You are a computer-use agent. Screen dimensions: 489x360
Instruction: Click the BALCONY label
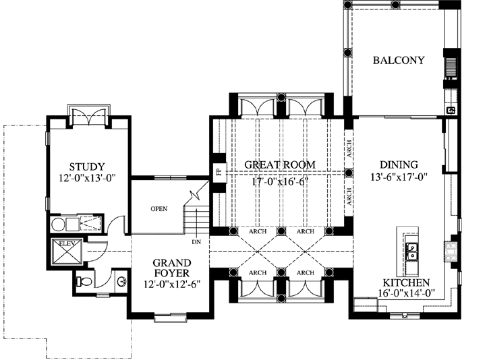pos(399,60)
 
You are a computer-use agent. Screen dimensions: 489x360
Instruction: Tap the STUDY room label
pos(87,167)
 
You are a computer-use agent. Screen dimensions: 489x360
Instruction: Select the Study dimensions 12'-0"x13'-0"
pos(87,178)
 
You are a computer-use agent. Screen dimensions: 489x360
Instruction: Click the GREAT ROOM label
pos(280,164)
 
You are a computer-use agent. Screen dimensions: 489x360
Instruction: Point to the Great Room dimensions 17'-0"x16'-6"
pos(280,181)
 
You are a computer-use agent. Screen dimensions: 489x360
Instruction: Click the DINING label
pos(399,164)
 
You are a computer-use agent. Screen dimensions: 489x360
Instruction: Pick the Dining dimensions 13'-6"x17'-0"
pos(399,177)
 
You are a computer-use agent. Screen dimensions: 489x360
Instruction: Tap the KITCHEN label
pos(406,282)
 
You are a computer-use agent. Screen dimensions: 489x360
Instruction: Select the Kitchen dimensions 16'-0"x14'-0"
pos(406,293)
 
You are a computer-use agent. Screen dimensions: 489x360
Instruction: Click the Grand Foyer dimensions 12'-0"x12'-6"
pos(172,284)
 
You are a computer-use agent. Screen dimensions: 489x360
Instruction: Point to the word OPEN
pos(159,209)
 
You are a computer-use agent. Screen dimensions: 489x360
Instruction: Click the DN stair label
pos(196,242)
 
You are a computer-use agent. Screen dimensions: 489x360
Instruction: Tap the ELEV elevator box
pos(66,252)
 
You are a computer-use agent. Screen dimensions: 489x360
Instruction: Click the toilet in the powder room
pos(84,281)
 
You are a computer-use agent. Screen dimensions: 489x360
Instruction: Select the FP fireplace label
pos(219,171)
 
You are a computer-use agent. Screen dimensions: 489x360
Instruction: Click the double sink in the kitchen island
pos(412,251)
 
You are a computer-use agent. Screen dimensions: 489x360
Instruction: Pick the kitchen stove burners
pos(450,251)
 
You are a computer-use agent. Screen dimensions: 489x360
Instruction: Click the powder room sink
pos(121,282)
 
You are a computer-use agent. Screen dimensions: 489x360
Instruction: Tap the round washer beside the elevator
pos(58,224)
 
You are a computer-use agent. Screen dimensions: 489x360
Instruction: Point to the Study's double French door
pos(89,117)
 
